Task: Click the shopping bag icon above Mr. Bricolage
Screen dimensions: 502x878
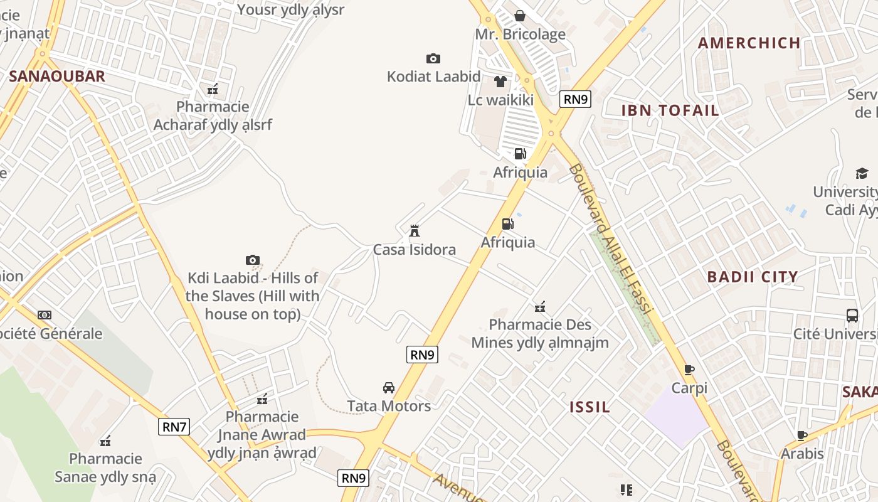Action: (520, 16)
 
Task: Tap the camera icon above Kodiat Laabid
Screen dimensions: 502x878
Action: (433, 58)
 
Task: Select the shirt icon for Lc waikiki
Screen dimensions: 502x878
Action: (500, 82)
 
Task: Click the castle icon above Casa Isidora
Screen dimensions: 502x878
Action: (414, 231)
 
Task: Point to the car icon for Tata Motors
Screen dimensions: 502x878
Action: (389, 387)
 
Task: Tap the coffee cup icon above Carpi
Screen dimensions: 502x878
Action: (689, 370)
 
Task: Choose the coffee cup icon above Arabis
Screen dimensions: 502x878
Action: (801, 435)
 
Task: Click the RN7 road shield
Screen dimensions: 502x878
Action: (174, 427)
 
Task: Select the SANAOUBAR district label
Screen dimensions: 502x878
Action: (57, 77)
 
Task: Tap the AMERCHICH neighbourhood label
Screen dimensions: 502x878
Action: (749, 43)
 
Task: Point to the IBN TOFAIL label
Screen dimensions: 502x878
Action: (670, 110)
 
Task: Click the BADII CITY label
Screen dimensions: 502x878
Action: (752, 277)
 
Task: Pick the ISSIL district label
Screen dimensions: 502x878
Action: (590, 407)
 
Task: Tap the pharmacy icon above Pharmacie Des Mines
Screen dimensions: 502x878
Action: (539, 307)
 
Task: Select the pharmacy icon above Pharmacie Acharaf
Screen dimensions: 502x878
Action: (213, 89)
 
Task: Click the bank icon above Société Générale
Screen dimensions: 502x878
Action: (45, 315)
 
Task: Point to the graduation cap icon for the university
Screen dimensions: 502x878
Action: (862, 173)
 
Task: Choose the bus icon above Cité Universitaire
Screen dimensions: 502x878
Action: (852, 315)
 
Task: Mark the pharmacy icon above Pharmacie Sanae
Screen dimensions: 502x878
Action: (105, 441)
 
